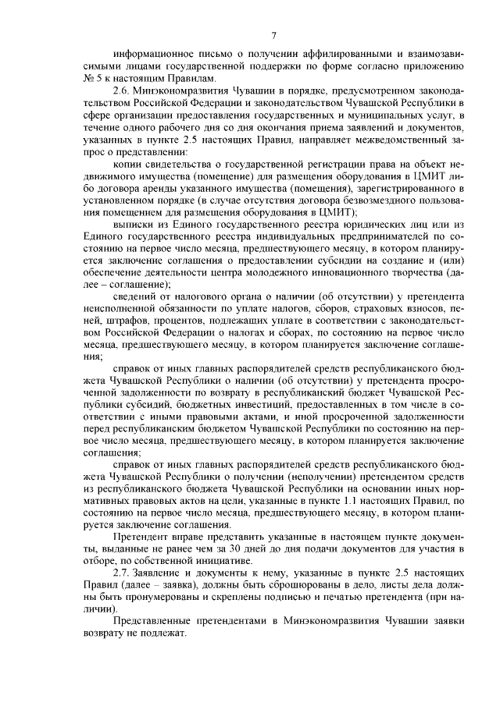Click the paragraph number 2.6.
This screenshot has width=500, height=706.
point(123,90)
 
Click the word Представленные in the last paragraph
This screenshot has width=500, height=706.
point(154,621)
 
